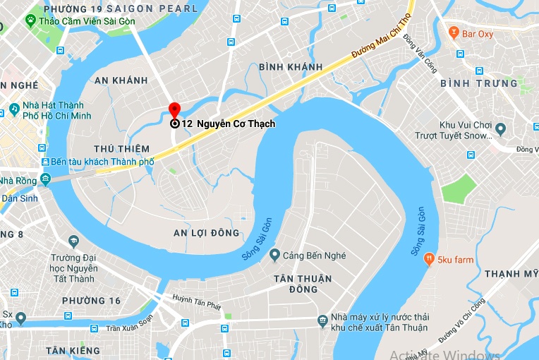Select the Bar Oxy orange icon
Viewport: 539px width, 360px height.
[453, 32]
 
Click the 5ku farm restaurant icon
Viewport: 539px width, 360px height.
[428, 260]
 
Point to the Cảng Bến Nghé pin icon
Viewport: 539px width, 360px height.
[276, 255]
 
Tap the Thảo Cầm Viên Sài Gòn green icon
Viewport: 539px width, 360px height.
[30, 21]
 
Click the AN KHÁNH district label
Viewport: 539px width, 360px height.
[121, 80]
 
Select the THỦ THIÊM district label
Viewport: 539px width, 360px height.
[121, 149]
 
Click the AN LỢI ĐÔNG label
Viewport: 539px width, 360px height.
[206, 233]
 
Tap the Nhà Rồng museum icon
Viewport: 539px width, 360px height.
[45, 180]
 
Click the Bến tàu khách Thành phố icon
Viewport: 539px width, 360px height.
[45, 162]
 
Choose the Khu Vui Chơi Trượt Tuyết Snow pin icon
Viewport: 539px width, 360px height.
[500, 130]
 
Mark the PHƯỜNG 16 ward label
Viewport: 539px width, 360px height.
[91, 301]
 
